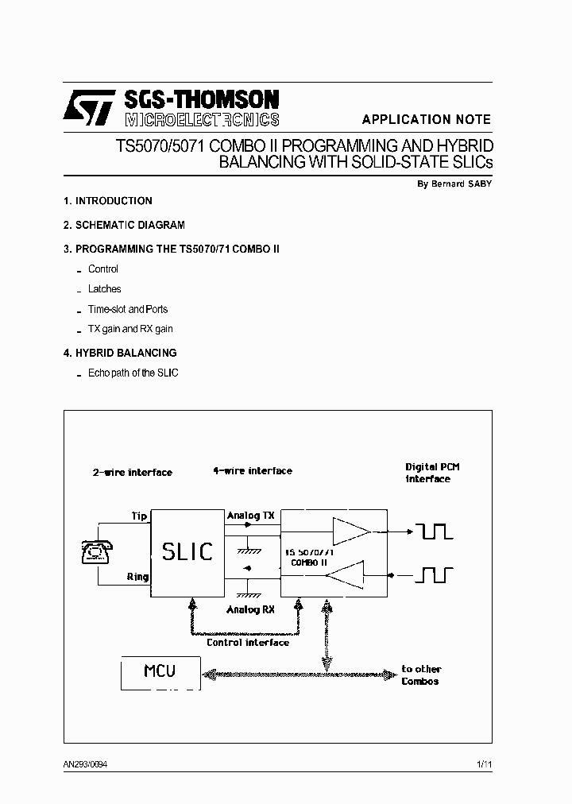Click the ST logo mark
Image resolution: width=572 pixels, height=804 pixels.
click(x=90, y=106)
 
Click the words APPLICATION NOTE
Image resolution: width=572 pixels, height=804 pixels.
click(x=427, y=120)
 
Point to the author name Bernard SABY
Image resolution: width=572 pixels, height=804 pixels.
click(x=454, y=184)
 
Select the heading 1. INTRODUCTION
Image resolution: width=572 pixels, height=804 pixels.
click(x=107, y=201)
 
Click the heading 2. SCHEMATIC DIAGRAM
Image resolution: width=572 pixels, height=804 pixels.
click(x=123, y=225)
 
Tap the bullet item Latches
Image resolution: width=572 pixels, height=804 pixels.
click(x=104, y=289)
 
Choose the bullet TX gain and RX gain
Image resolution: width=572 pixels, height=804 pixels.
click(x=130, y=329)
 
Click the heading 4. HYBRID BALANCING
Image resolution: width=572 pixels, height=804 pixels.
click(x=119, y=353)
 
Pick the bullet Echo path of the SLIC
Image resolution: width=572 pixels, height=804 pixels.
click(x=133, y=373)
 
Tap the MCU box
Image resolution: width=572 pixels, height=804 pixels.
click(x=159, y=672)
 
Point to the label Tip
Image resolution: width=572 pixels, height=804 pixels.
click(x=139, y=516)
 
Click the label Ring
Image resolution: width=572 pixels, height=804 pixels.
click(x=137, y=577)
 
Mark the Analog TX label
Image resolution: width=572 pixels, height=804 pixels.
click(x=250, y=516)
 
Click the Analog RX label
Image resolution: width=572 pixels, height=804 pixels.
click(x=250, y=610)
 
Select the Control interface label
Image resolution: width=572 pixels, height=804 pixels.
click(x=248, y=643)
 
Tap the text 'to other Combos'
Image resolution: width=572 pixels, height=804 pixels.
click(x=421, y=675)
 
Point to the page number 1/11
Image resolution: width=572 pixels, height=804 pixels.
click(x=484, y=764)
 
